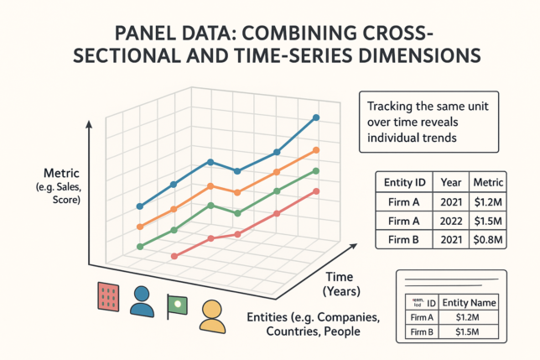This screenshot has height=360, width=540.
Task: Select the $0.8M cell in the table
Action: [x=487, y=239]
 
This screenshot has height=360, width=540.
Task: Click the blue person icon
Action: [x=143, y=300]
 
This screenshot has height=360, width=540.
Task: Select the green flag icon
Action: [x=177, y=305]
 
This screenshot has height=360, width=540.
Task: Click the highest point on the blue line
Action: [x=316, y=117]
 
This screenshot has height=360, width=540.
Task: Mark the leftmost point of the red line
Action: [x=174, y=256]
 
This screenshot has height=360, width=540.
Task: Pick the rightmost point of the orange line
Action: [x=316, y=150]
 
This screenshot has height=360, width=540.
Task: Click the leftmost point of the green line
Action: [x=140, y=246]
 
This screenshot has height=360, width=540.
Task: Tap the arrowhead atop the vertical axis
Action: [x=86, y=124]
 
